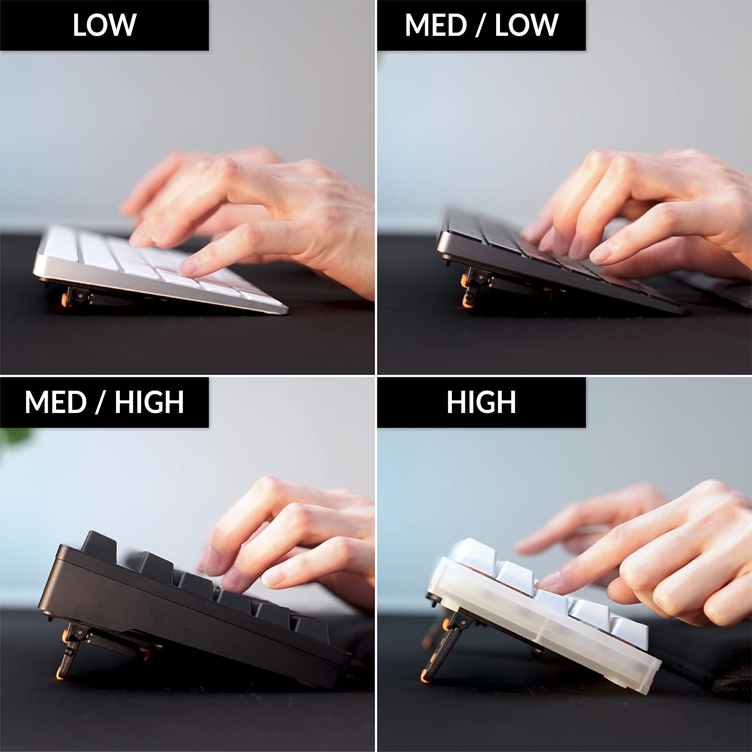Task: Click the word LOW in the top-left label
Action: coord(104,25)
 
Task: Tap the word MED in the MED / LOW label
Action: coord(436,25)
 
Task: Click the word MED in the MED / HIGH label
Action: coord(55,402)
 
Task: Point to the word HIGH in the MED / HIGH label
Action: coord(149,402)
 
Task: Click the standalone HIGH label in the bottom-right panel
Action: coord(481,402)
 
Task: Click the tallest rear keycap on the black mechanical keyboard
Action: coord(98,545)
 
